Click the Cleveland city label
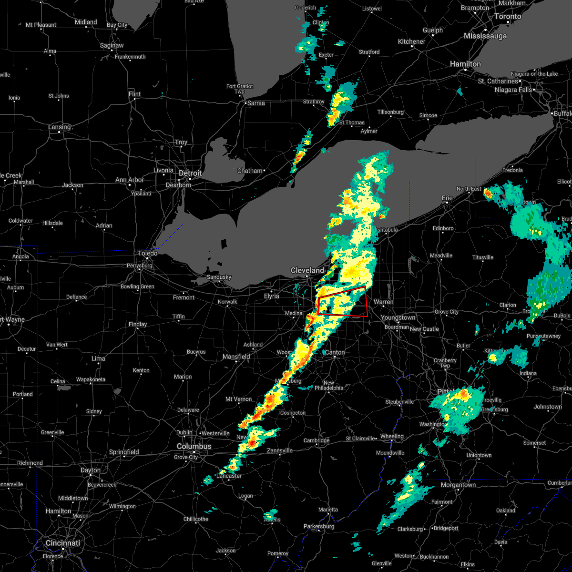point(307,270)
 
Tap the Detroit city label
point(191,173)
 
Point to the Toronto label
point(508,16)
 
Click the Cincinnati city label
point(62,543)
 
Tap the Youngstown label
point(398,317)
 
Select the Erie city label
point(447,197)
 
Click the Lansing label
point(59,127)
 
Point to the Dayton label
point(91,470)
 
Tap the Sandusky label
point(219,277)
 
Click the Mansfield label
point(236,357)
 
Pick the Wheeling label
point(392,436)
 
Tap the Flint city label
point(135,94)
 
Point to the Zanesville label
point(280,450)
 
